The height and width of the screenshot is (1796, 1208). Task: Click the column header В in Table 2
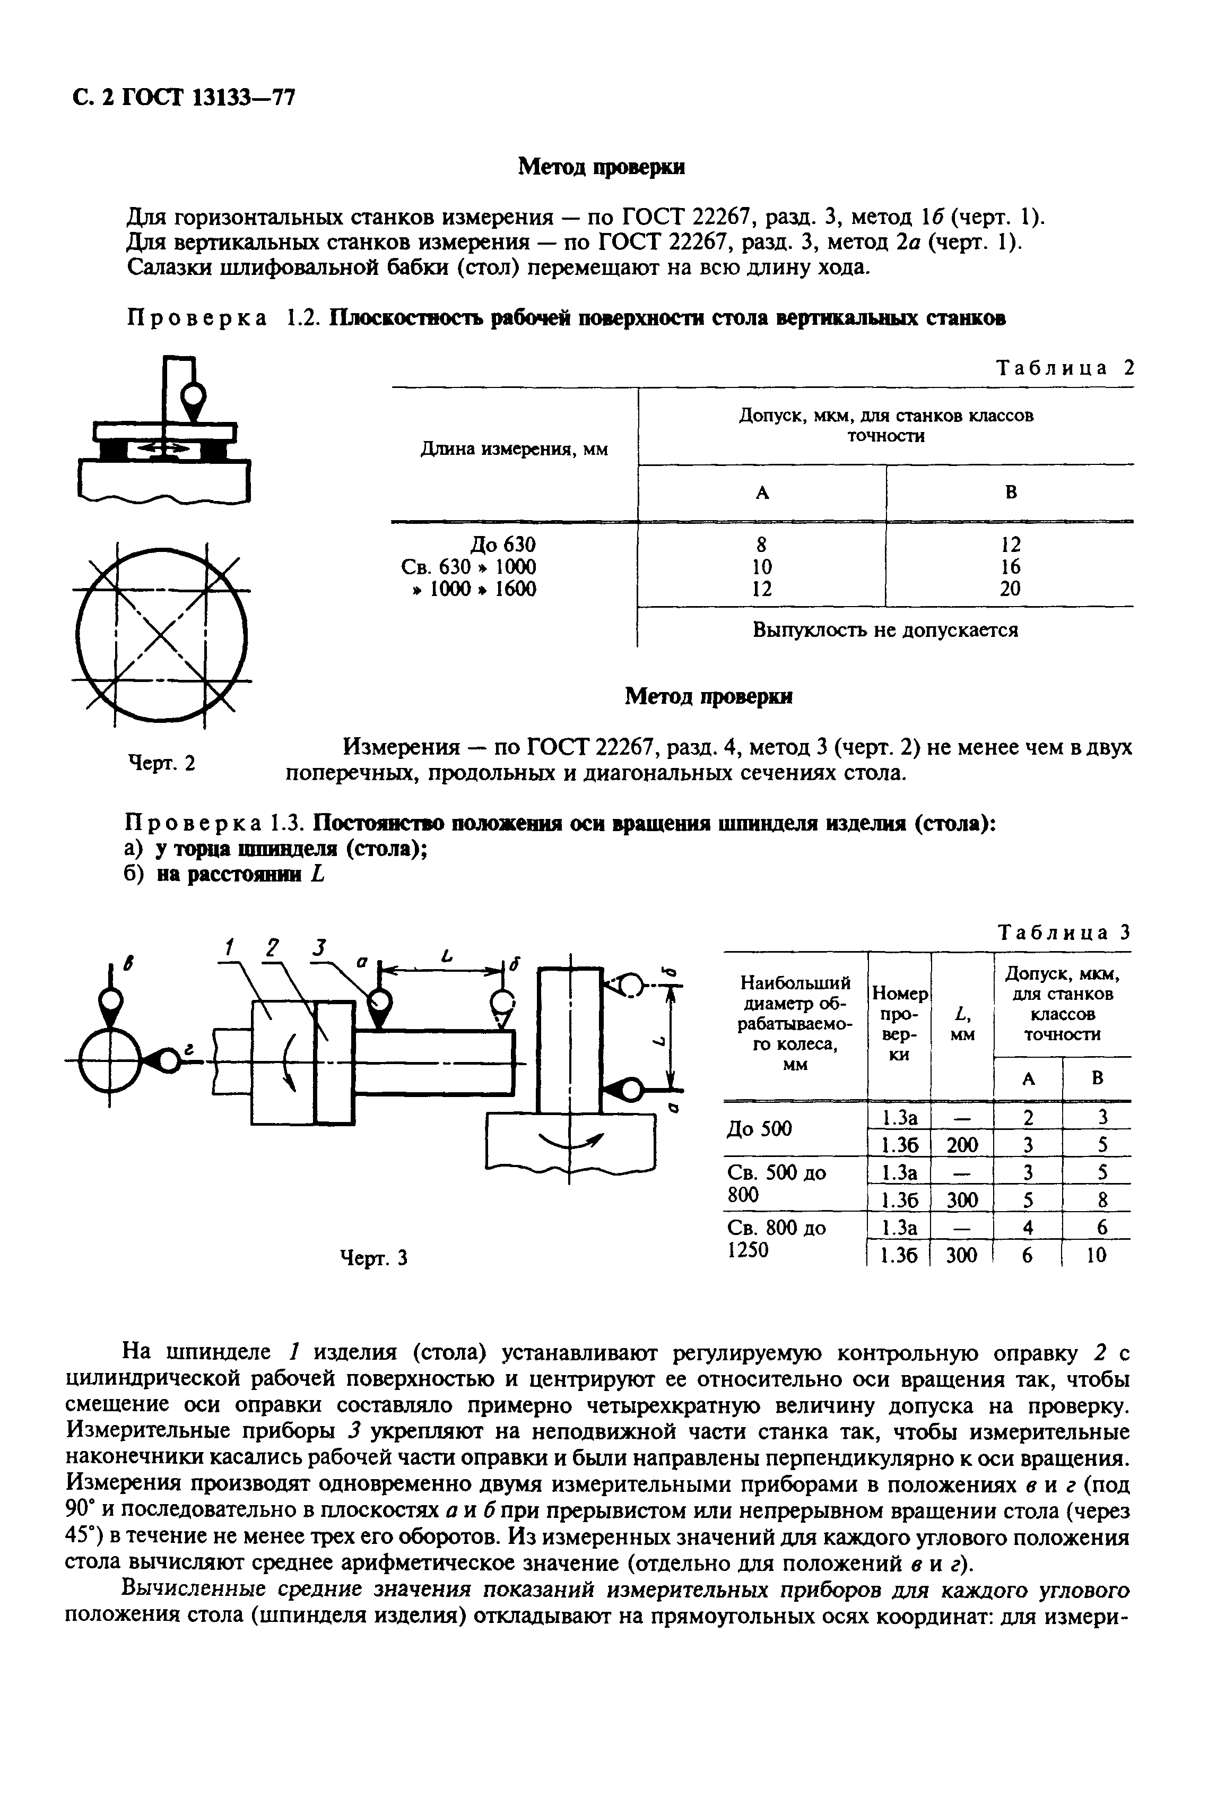point(1010,493)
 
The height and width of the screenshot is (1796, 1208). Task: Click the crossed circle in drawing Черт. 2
point(161,635)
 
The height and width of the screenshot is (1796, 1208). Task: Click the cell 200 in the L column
point(961,1145)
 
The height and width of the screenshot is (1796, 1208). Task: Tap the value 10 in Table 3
point(1096,1256)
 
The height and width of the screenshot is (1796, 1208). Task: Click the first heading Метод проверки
point(601,167)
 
